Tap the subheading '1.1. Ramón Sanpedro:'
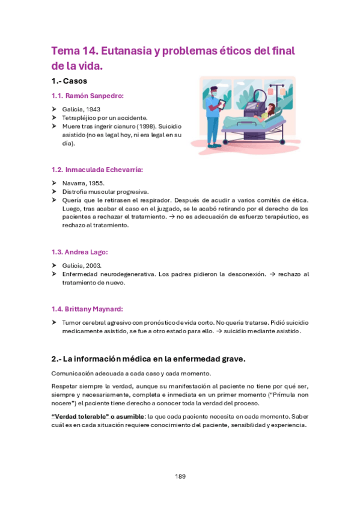point(87,96)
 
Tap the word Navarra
point(75,183)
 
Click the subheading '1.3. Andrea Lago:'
point(79,252)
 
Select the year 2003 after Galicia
point(93,265)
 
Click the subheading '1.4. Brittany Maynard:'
point(87,309)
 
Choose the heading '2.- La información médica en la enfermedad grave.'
point(148,359)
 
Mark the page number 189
point(180,476)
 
